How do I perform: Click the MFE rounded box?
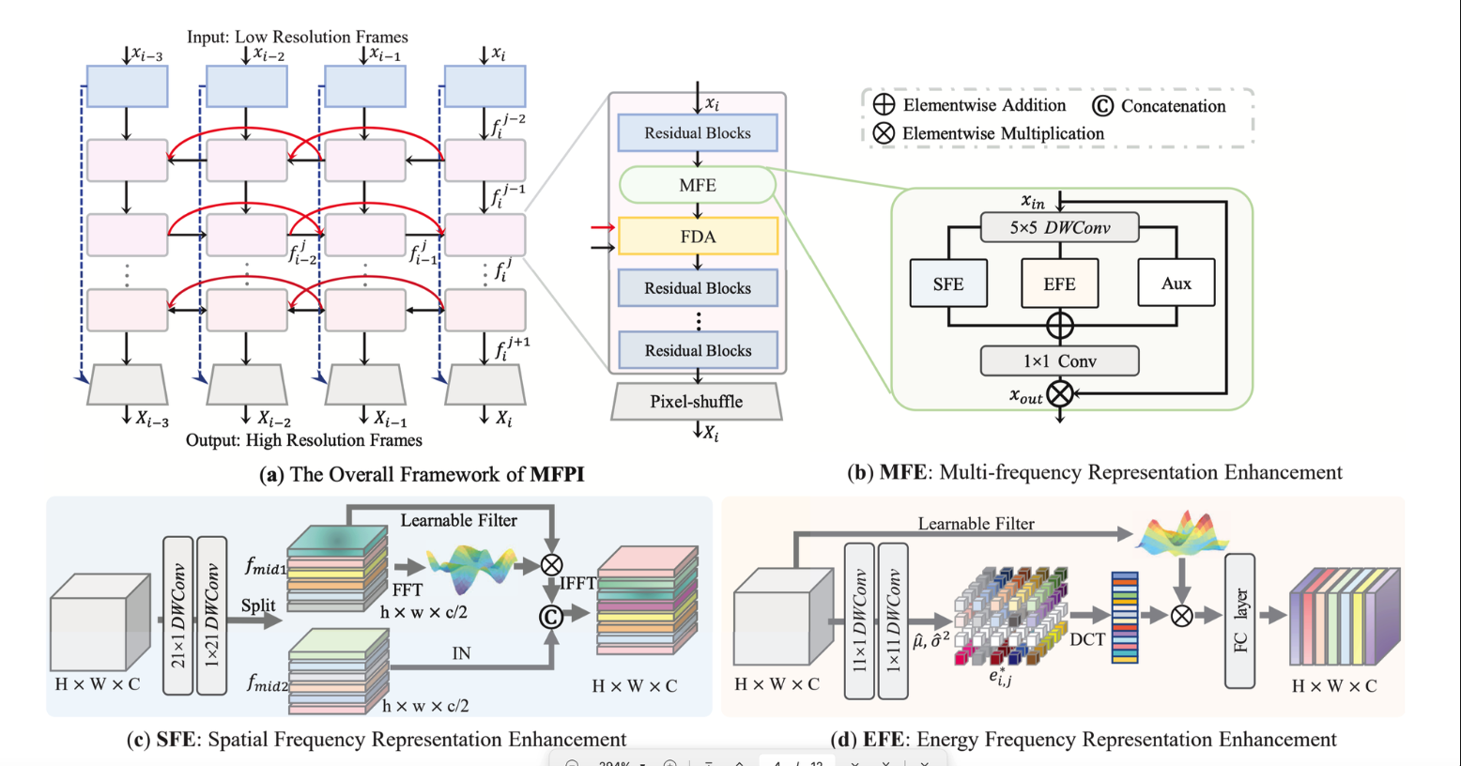pyautogui.click(x=698, y=185)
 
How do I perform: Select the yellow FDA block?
pyautogui.click(x=698, y=237)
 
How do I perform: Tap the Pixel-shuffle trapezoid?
pyautogui.click(x=697, y=401)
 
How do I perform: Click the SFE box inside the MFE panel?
pyautogui.click(x=948, y=283)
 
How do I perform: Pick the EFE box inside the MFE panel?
pyautogui.click(x=1059, y=283)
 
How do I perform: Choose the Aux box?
pyautogui.click(x=1176, y=283)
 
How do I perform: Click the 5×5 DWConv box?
pyautogui.click(x=1059, y=227)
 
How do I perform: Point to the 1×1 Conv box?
pyautogui.click(x=1059, y=361)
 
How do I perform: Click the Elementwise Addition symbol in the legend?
pyautogui.click(x=884, y=105)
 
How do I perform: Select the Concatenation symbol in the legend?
pyautogui.click(x=1103, y=106)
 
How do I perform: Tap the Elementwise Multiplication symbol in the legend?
pyautogui.click(x=884, y=133)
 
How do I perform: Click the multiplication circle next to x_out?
pyautogui.click(x=1060, y=393)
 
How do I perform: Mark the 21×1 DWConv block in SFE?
pyautogui.click(x=178, y=616)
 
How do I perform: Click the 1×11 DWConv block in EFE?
pyautogui.click(x=892, y=621)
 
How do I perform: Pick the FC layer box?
pyautogui.click(x=1239, y=620)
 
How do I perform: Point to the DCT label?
pyautogui.click(x=1087, y=639)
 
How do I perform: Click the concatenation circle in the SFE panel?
pyautogui.click(x=550, y=616)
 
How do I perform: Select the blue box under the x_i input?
pyautogui.click(x=484, y=86)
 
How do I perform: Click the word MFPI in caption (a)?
pyautogui.click(x=557, y=474)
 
